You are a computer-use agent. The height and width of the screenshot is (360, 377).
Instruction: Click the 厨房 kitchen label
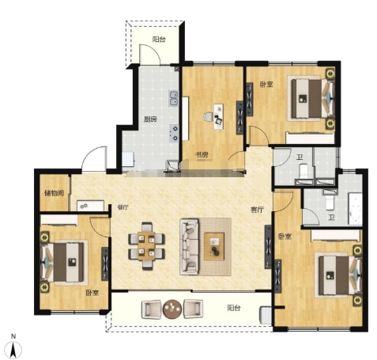tap(150, 119)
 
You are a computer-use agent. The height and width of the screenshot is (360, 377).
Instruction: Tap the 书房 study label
tap(202, 154)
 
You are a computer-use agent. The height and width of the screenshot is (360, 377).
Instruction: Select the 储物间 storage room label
tap(55, 193)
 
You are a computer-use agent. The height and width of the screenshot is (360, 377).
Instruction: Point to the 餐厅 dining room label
tap(123, 207)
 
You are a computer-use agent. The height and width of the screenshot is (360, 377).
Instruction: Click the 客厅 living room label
tap(257, 210)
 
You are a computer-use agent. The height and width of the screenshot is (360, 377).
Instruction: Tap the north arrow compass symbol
tap(13, 347)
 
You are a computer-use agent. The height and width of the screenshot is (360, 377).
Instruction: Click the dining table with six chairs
tap(146, 246)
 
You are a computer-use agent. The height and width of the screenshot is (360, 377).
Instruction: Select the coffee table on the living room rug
tap(214, 246)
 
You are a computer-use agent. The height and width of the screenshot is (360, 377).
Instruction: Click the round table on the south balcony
tap(172, 309)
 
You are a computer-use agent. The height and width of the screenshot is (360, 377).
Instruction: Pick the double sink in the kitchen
tap(174, 98)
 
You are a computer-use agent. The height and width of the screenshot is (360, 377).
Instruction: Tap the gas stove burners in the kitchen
tap(174, 133)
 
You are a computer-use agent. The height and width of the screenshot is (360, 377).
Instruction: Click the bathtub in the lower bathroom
tap(356, 209)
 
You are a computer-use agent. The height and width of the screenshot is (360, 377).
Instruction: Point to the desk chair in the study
tap(208, 116)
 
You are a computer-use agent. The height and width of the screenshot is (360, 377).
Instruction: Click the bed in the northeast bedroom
tap(311, 99)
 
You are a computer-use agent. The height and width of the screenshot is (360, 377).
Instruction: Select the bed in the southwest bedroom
tap(64, 262)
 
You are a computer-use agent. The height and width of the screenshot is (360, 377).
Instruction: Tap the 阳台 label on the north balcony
tap(159, 40)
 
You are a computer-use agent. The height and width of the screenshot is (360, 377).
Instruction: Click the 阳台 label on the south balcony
tap(234, 308)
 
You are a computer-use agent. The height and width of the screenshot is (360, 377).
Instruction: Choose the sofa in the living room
tap(189, 247)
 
